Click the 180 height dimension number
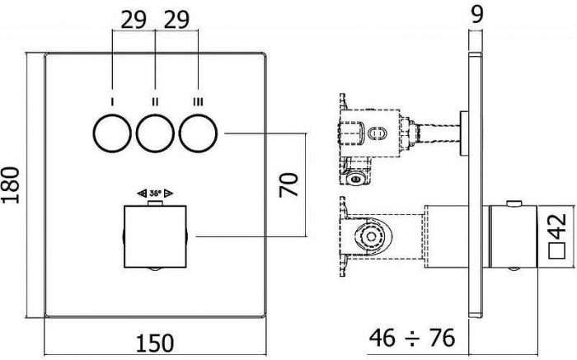pyautogui.click(x=10, y=185)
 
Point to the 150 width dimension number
pyautogui.click(x=155, y=343)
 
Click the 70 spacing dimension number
pyautogui.click(x=288, y=185)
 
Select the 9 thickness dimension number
pyautogui.click(x=476, y=14)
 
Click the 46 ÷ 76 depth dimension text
pyautogui.click(x=412, y=338)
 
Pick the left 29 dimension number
pyautogui.click(x=134, y=20)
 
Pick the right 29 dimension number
pyautogui.click(x=176, y=20)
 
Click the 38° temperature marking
pyautogui.click(x=155, y=193)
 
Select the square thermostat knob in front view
pyautogui.click(x=155, y=236)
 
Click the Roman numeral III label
pyautogui.click(x=199, y=101)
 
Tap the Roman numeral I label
pyautogui.click(x=112, y=101)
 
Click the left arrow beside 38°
pyautogui.click(x=142, y=193)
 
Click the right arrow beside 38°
pyautogui.click(x=168, y=193)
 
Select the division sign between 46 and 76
pyautogui.click(x=412, y=338)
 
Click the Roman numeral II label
pyautogui.click(x=155, y=101)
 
